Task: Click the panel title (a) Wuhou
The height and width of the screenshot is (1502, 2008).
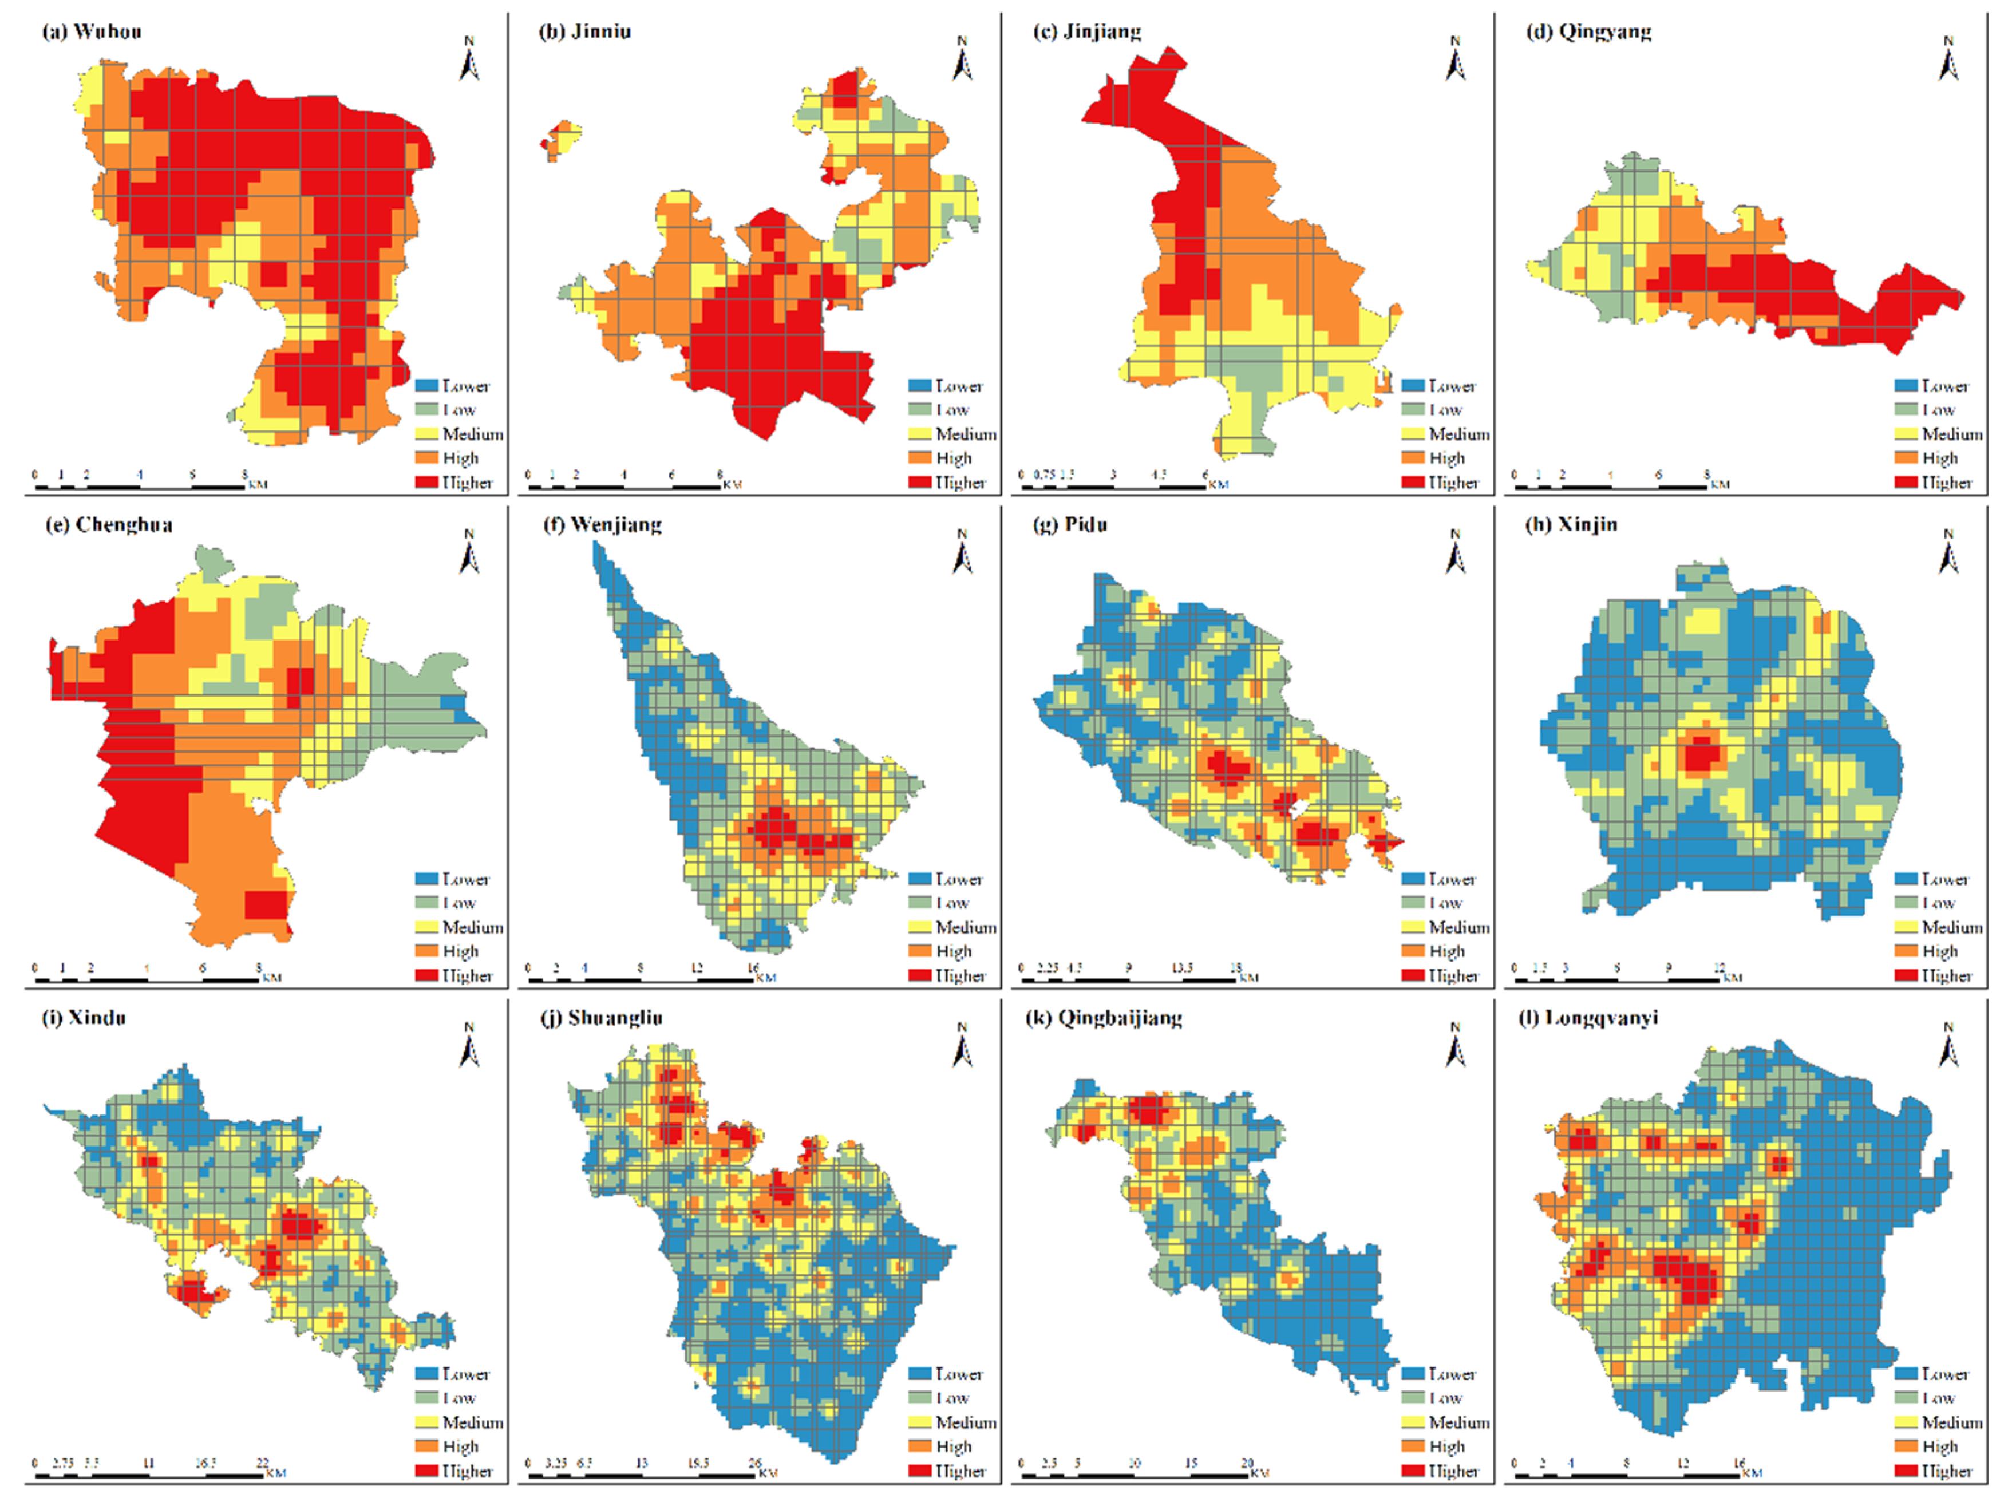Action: pos(92,31)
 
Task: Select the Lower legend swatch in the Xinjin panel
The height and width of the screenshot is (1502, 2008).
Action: pos(1906,879)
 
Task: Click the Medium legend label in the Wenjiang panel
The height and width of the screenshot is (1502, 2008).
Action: pos(965,927)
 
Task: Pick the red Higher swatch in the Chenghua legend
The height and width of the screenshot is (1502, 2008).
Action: pos(426,975)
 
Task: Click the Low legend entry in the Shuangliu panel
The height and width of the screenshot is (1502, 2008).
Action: pos(952,1398)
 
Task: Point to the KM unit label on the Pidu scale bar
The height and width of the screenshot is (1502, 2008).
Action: pos(1249,978)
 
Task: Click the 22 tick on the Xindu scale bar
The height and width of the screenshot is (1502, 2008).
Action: pos(262,1462)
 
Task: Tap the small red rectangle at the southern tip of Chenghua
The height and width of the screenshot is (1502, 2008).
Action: pos(266,905)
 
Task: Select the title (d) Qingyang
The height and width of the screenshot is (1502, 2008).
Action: pos(1588,31)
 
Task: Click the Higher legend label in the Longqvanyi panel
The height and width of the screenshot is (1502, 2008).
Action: pos(1946,1471)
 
